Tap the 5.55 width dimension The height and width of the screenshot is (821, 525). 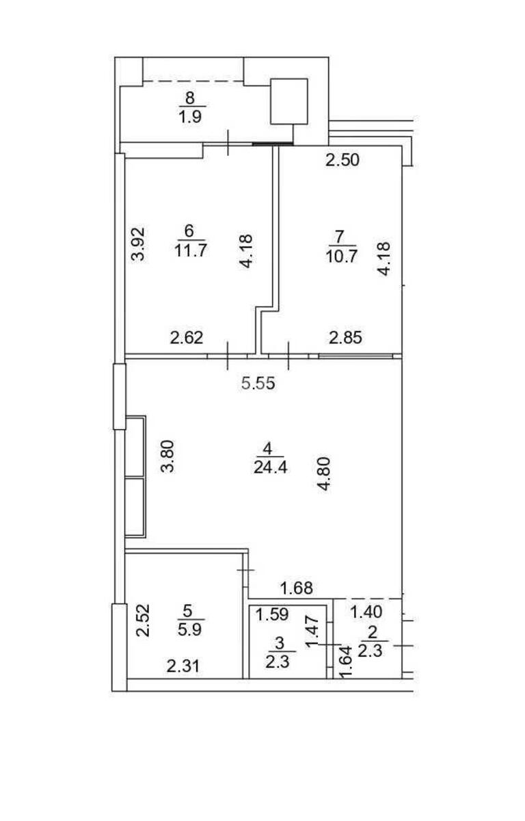click(258, 384)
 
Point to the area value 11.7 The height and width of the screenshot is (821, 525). click(191, 250)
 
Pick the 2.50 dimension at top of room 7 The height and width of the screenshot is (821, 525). click(342, 161)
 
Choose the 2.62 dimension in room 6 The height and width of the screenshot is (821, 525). click(187, 337)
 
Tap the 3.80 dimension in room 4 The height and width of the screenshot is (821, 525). click(168, 457)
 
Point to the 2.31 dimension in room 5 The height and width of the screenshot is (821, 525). click(185, 666)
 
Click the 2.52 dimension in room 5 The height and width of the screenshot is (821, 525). click(142, 621)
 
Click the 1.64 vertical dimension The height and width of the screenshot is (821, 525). click(347, 662)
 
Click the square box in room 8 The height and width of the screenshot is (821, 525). click(289, 101)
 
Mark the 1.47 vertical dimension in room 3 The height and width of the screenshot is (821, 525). click(312, 630)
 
